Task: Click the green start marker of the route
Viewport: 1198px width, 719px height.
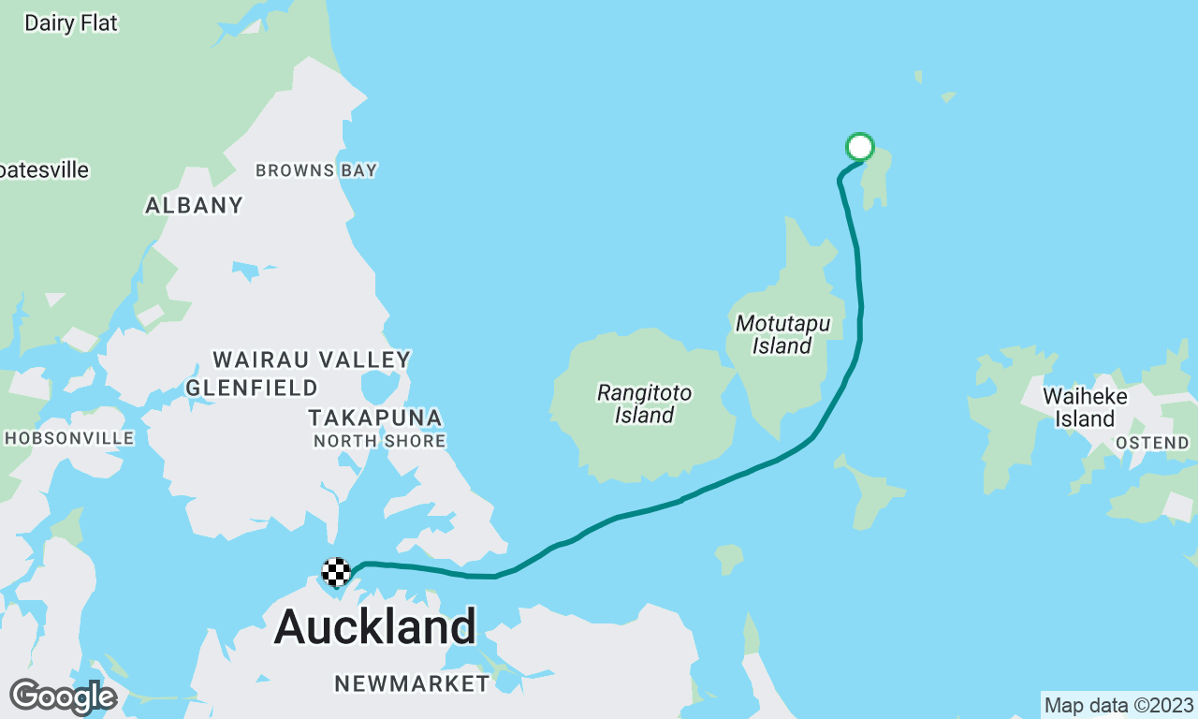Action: [x=859, y=147]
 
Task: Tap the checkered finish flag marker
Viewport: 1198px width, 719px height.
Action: [x=336, y=571]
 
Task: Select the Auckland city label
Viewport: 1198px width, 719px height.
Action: [x=375, y=625]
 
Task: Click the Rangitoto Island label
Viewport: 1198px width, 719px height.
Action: [x=644, y=404]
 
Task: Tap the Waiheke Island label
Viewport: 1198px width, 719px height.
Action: [x=1085, y=407]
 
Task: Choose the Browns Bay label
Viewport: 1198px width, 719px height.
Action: [x=316, y=170]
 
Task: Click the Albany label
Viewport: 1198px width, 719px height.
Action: [x=194, y=205]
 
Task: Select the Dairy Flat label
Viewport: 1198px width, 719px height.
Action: [x=71, y=23]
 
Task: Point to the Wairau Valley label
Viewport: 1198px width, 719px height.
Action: [x=312, y=359]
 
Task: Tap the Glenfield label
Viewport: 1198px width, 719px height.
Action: [x=252, y=388]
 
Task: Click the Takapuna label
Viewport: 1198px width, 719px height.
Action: [x=375, y=418]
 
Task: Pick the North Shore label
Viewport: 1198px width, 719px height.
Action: [x=379, y=441]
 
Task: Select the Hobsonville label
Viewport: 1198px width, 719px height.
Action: [x=69, y=438]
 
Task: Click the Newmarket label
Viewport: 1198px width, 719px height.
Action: [x=412, y=683]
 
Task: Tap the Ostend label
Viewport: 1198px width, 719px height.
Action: [x=1152, y=443]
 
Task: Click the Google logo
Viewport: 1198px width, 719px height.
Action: [x=62, y=697]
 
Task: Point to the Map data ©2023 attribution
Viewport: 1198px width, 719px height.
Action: [x=1118, y=705]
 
